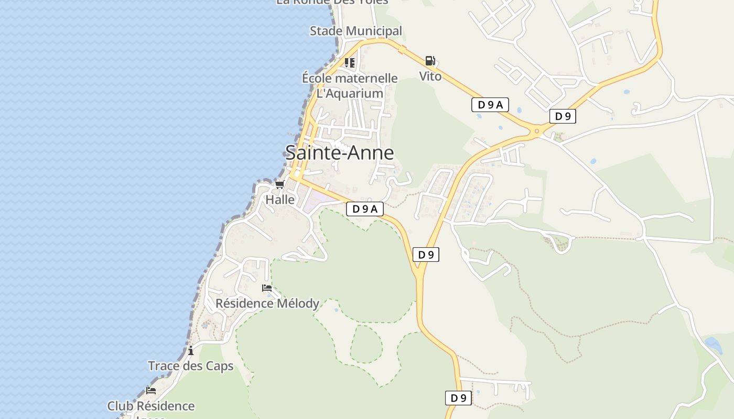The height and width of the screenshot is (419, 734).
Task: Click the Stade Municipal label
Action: pyautogui.click(x=355, y=31)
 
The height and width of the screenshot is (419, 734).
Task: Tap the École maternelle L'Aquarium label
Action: pyautogui.click(x=350, y=86)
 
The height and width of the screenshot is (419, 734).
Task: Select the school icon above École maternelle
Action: pyautogui.click(x=350, y=63)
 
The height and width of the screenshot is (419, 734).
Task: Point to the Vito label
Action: pyautogui.click(x=430, y=76)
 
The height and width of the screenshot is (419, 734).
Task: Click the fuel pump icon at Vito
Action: pyautogui.click(x=430, y=61)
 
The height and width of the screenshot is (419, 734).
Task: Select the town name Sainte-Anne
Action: pyautogui.click(x=339, y=152)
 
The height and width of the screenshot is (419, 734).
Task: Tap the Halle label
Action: pyautogui.click(x=280, y=200)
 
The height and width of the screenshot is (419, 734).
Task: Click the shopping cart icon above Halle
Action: pyautogui.click(x=279, y=184)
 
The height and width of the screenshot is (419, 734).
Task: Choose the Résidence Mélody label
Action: pyautogui.click(x=267, y=303)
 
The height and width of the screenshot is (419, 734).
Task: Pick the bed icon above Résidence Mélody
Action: pyautogui.click(x=267, y=288)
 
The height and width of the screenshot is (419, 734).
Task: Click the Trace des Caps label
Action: pyautogui.click(x=190, y=366)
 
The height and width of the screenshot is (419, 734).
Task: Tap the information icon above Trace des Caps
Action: pyautogui.click(x=191, y=350)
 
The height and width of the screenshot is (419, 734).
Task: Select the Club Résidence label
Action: pyautogui.click(x=151, y=406)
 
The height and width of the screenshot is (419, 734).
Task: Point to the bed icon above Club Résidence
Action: pyautogui.click(x=151, y=390)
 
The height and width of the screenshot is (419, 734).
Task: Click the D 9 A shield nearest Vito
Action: pyautogui.click(x=490, y=105)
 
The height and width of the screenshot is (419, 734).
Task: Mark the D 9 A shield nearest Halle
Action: pyautogui.click(x=365, y=209)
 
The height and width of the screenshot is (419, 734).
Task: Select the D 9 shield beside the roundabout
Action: pyautogui.click(x=563, y=116)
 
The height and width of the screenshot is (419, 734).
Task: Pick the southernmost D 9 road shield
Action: pyautogui.click(x=458, y=398)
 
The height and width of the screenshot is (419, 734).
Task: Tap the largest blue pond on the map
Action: pyautogui.click(x=713, y=345)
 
